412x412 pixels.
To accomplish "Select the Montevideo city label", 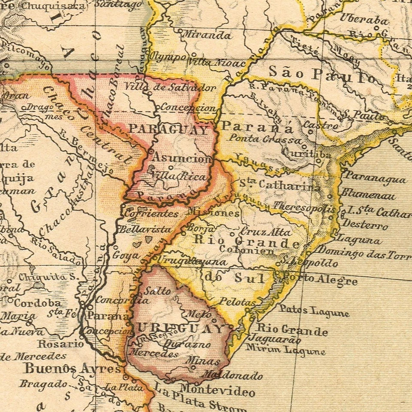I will [x=217, y=391].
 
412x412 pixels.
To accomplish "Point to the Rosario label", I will [x=61, y=344].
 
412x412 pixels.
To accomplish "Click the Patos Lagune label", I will [x=314, y=310].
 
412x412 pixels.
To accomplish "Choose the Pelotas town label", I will [x=237, y=302].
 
